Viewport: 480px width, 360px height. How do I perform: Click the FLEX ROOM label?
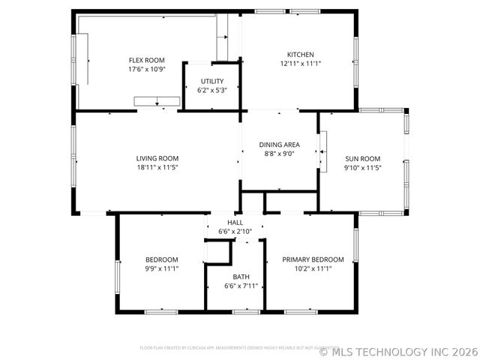click(146, 60)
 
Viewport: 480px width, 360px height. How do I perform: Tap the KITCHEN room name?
click(300, 54)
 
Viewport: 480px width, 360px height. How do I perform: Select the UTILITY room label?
click(211, 81)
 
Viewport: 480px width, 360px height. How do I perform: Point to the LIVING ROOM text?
click(157, 157)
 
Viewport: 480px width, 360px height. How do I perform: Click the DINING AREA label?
click(280, 144)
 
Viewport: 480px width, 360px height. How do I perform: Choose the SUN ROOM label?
click(363, 158)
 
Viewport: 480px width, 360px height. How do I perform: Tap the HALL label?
click(235, 223)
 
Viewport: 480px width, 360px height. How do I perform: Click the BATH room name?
click(241, 277)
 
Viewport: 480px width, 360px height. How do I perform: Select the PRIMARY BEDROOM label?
click(313, 259)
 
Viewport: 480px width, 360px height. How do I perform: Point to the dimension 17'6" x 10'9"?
click(146, 69)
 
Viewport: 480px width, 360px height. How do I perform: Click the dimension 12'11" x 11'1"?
click(300, 63)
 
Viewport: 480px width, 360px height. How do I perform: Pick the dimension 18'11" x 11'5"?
click(157, 166)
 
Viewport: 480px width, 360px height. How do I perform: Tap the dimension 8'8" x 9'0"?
click(280, 153)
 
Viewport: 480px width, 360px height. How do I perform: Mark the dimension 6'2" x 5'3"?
click(211, 90)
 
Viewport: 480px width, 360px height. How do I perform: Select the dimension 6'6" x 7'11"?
click(241, 286)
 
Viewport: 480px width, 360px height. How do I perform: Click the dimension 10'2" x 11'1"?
click(313, 268)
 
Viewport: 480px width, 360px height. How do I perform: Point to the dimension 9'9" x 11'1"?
click(161, 268)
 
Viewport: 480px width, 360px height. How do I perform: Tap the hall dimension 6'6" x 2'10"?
click(235, 232)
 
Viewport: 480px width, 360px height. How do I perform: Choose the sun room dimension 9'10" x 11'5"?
click(363, 167)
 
